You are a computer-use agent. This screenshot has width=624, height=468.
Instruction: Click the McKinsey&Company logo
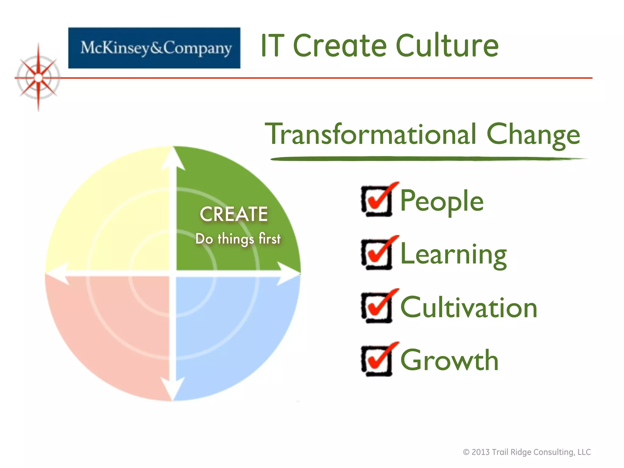point(154,48)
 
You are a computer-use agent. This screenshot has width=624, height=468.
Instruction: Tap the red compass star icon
point(38,78)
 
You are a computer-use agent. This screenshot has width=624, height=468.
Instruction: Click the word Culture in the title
point(447,46)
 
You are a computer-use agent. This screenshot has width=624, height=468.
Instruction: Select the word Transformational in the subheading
point(370,134)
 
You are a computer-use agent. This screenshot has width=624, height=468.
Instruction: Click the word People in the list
point(442,201)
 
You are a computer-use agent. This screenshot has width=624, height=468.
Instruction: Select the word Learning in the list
point(453,254)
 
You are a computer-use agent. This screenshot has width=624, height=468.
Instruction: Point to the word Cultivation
point(469,308)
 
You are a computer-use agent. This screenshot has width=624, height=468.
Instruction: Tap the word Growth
point(449,360)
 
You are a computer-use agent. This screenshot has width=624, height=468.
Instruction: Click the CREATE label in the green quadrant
point(234,214)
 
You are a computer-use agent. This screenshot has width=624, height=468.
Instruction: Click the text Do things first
point(238,239)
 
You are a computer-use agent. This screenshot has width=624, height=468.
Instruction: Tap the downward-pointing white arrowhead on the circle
point(173,388)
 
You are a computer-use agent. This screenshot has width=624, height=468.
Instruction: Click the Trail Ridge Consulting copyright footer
point(527,452)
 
